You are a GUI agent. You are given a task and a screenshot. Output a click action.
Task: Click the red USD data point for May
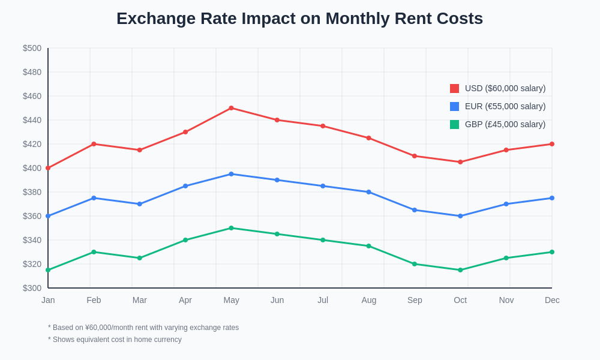231,108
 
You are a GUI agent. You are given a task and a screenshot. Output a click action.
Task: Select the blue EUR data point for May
231,174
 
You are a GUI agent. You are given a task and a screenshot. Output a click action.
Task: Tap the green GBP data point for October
460,270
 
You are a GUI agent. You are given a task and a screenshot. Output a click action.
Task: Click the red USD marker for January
48,168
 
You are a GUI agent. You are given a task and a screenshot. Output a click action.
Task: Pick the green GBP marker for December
552,252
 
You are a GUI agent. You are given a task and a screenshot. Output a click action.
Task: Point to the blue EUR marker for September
415,210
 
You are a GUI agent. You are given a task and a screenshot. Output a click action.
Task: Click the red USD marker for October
460,162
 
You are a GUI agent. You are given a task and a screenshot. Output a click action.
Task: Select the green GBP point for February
94,252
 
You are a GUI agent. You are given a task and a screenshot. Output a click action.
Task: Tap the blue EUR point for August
368,192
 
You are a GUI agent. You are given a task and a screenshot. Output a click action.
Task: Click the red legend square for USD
454,88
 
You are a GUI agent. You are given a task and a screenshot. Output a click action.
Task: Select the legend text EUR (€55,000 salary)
505,106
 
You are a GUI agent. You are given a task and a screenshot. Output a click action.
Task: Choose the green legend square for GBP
454,124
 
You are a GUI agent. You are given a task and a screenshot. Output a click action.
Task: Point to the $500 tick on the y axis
32,48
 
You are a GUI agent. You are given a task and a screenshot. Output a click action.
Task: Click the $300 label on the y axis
32,288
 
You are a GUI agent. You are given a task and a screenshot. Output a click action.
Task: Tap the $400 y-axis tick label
32,168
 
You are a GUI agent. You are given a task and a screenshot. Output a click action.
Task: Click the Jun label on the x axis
277,300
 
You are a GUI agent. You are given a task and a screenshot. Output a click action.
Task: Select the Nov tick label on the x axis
506,300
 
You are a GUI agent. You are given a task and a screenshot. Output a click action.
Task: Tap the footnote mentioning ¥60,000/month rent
143,328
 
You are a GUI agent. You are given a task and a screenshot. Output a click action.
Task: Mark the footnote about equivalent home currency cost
115,340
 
